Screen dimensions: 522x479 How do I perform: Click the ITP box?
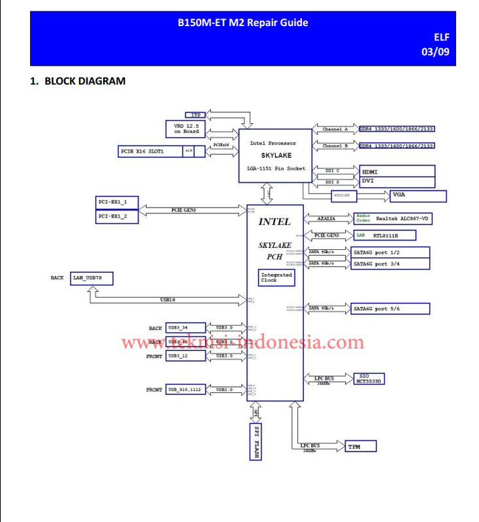point(195,115)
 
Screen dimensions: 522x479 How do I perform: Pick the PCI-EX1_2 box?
point(117,215)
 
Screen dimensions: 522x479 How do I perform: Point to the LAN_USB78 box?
point(93,278)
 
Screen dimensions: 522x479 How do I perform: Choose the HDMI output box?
point(397,172)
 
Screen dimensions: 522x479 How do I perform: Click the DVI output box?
point(397,181)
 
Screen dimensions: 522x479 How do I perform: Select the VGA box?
point(417,195)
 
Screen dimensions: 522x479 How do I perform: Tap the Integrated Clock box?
point(276,278)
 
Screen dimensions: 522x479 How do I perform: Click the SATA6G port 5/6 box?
point(390,308)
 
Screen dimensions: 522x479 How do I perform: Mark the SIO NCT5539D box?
point(369,378)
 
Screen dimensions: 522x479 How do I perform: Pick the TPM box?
point(361,447)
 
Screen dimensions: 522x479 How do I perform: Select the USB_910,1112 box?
point(186,390)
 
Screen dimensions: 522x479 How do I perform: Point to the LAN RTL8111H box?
point(384,235)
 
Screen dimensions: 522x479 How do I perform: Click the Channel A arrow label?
point(336,129)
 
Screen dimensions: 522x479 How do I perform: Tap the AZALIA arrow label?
point(331,219)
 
